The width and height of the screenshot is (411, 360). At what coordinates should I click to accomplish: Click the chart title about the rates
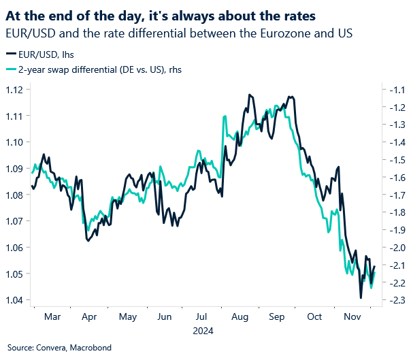(x=171, y=14)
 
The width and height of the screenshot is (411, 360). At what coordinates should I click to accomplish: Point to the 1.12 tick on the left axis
(x=15, y=90)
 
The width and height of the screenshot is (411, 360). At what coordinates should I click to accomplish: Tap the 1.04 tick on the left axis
(x=15, y=300)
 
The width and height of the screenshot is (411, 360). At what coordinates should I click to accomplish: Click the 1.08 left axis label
(x=15, y=195)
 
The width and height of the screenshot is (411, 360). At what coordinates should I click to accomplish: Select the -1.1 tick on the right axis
(x=395, y=90)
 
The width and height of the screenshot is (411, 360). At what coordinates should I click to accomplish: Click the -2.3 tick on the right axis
(x=395, y=300)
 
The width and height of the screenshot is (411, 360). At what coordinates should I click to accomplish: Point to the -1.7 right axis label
(x=395, y=195)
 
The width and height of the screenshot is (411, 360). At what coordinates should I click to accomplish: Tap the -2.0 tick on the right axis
(x=395, y=248)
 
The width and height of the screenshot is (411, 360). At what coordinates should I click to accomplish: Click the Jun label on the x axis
(x=164, y=317)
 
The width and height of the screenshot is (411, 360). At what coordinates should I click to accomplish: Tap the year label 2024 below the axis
(x=202, y=332)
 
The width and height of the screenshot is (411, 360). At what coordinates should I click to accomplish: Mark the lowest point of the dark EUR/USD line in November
(x=361, y=297)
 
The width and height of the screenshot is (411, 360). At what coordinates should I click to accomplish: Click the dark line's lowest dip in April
(x=87, y=241)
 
